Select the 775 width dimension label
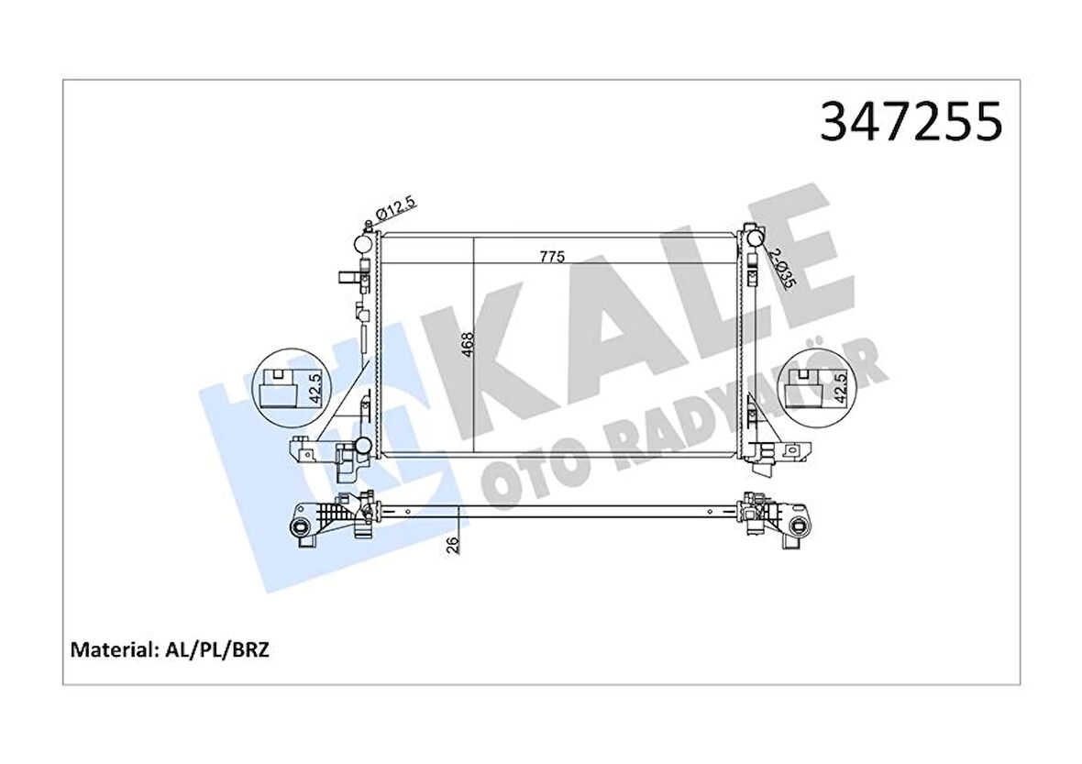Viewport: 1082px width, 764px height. [551, 256]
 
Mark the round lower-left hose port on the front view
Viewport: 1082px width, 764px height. [363, 447]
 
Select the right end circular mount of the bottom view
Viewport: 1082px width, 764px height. [799, 526]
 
